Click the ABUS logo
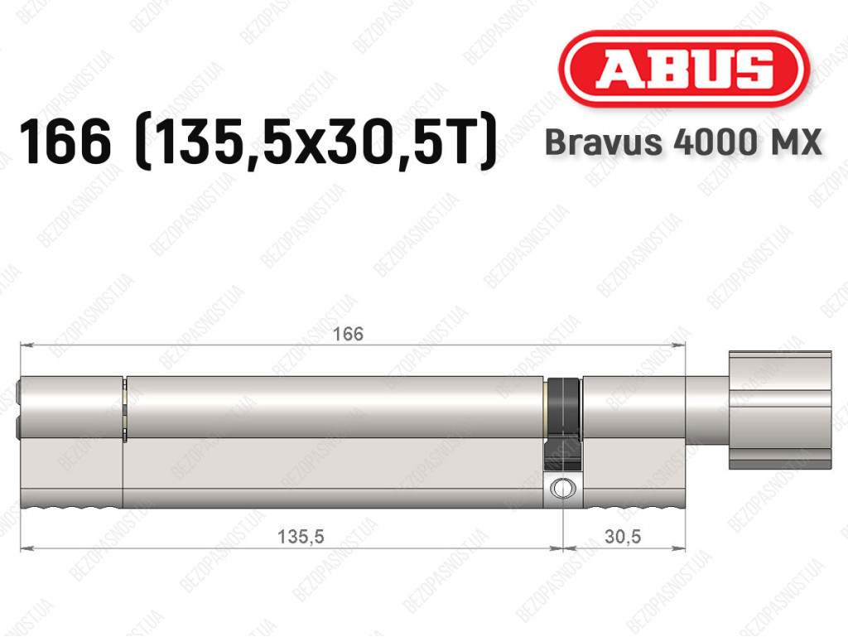click(x=683, y=69)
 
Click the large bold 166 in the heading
click(x=65, y=141)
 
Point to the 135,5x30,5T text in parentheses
click(x=316, y=142)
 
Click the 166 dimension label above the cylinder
click(x=348, y=334)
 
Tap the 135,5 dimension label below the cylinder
click(x=301, y=537)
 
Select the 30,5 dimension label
click(x=623, y=537)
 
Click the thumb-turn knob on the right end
click(x=780, y=410)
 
